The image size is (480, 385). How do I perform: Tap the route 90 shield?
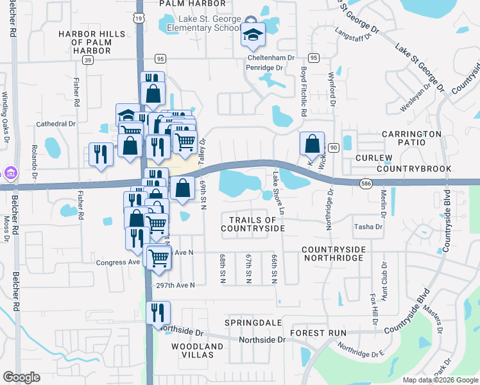pos(333,148)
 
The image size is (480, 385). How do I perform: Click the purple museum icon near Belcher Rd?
pos(10,173)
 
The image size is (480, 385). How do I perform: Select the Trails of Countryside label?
pos(252,224)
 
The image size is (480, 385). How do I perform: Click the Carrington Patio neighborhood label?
pos(412,139)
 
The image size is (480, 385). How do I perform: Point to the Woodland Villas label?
pos(197,351)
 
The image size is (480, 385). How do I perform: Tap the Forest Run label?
pos(318,333)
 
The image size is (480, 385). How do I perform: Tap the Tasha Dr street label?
pos(368,227)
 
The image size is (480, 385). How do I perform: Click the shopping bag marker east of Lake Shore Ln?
pos(312,145)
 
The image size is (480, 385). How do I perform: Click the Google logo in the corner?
pos(21,377)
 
